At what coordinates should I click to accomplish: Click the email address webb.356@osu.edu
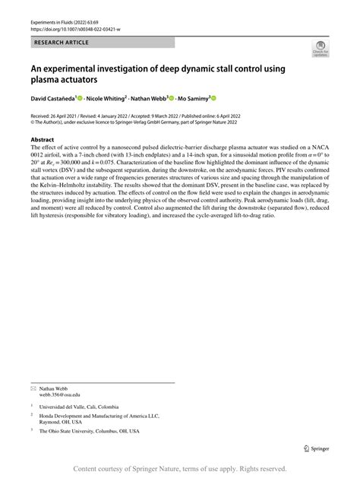pyautogui.click(x=60, y=394)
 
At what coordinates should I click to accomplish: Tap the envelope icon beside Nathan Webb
pyautogui.click(x=33, y=388)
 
